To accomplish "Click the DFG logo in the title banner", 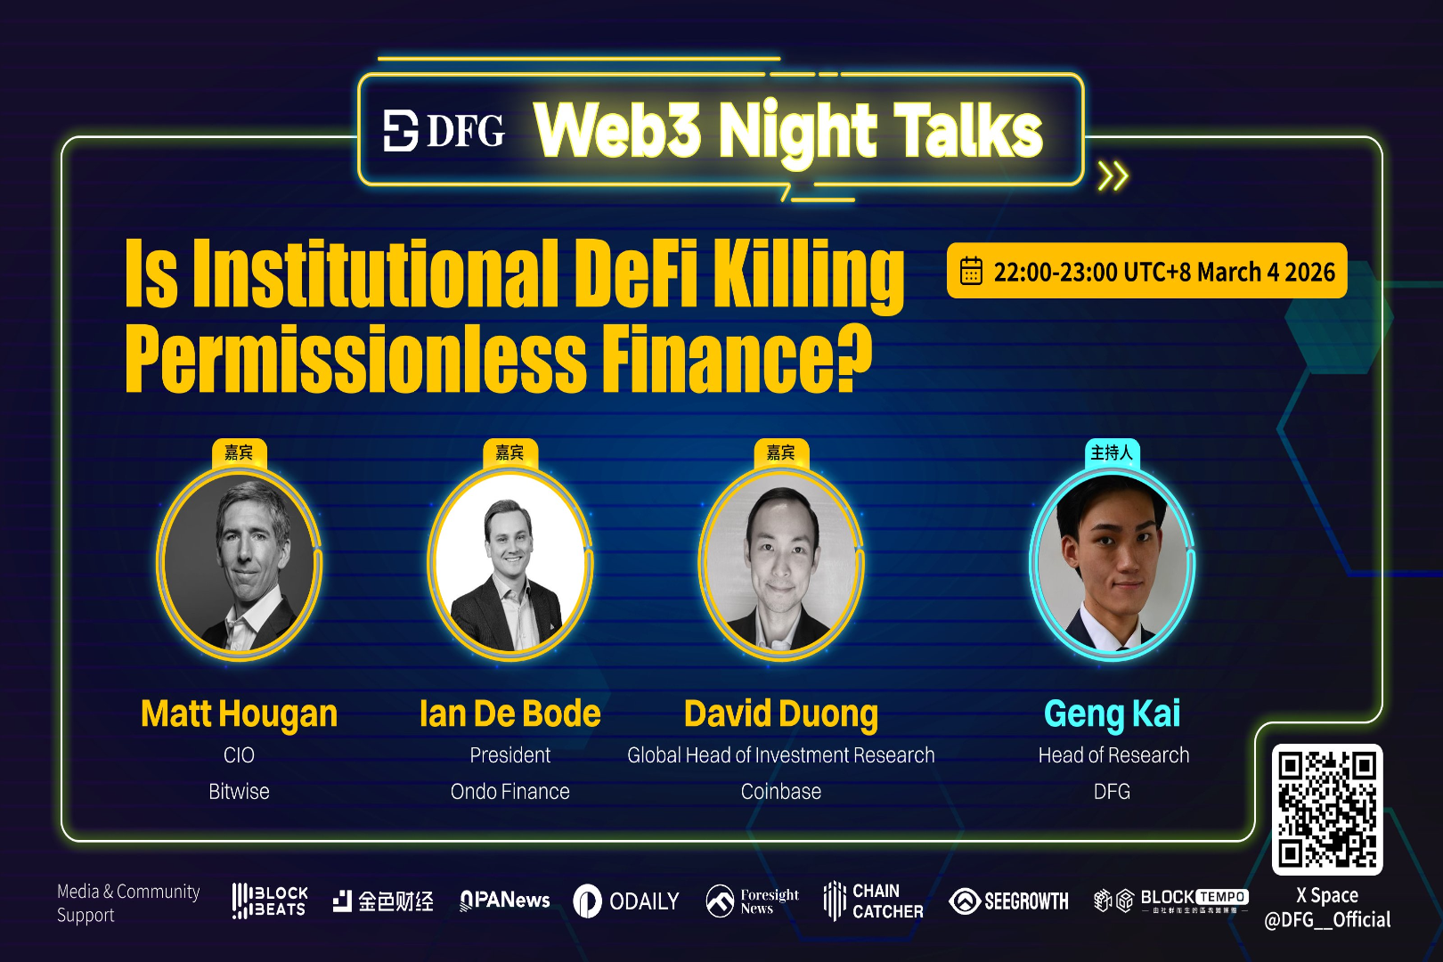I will tap(444, 131).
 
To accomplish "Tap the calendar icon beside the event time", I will tap(971, 271).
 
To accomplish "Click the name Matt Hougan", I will tap(239, 714).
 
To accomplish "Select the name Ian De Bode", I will tap(510, 714).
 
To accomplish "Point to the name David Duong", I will tap(780, 714).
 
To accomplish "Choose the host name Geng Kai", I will tap(1112, 714).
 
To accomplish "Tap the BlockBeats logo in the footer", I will tap(269, 901).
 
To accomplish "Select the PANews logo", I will tap(504, 901).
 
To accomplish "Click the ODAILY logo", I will tap(625, 901).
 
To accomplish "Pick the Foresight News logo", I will tap(752, 901).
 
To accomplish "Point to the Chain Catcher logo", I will tap(873, 901).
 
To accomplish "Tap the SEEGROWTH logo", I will tap(1008, 901).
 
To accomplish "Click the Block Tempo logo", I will tap(1170, 901).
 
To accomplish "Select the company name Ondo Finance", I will tap(510, 792).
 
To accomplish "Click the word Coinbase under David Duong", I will tap(780, 792).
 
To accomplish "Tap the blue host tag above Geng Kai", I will tap(1112, 452).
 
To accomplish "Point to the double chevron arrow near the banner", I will tap(1113, 176).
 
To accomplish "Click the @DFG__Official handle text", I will tap(1327, 920).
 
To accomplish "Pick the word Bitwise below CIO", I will tap(239, 792).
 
